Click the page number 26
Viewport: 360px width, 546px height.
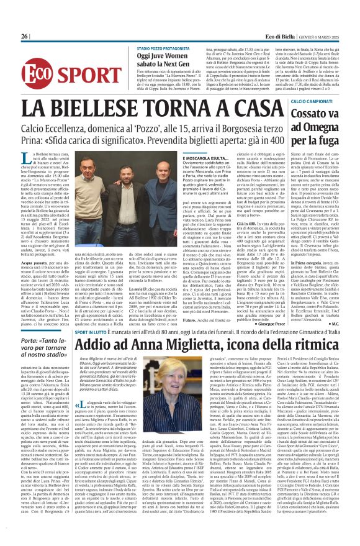click(24, 37)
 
